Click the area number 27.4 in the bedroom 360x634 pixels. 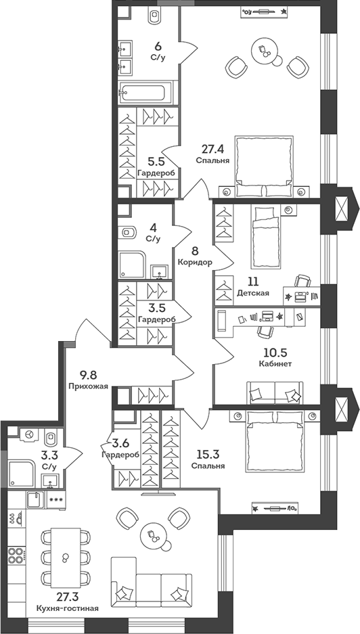pyautogui.click(x=212, y=148)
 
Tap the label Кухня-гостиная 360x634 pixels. pyautogui.click(x=68, y=608)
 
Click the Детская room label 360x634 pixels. pyautogui.click(x=253, y=293)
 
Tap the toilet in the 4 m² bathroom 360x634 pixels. pyautogui.click(x=129, y=233)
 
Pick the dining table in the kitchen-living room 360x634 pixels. pyautogui.click(x=65, y=557)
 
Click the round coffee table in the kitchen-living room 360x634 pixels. pyautogui.click(x=153, y=537)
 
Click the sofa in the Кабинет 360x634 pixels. pyautogui.click(x=274, y=393)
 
